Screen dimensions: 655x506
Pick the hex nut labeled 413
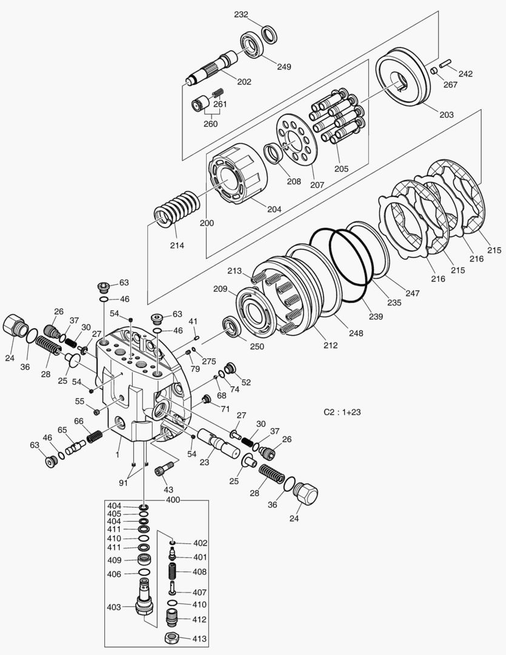[x=171, y=639]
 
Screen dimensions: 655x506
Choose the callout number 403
[x=114, y=606]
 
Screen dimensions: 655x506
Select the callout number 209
[x=220, y=289]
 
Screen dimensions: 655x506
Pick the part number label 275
[x=209, y=361]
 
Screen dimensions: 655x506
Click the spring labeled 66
[x=95, y=435]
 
